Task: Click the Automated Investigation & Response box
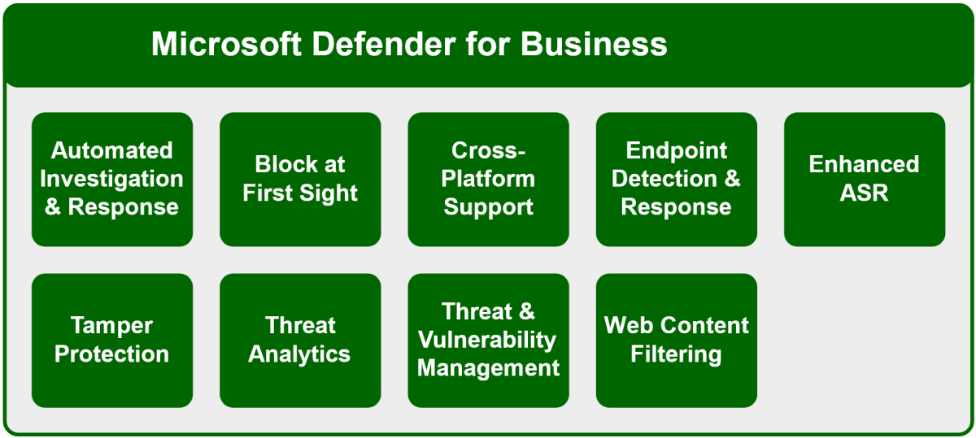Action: click(x=112, y=179)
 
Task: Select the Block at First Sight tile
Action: click(x=300, y=179)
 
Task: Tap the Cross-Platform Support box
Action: click(x=488, y=179)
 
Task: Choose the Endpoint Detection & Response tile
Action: click(x=676, y=179)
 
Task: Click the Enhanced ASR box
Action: click(x=864, y=179)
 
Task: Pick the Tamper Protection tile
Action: click(x=112, y=340)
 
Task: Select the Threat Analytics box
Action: click(x=300, y=340)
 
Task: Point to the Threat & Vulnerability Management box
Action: click(x=488, y=340)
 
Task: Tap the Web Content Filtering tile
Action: click(x=676, y=340)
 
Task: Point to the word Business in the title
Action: click(x=594, y=44)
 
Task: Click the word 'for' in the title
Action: click(x=490, y=44)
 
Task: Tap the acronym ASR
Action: click(x=864, y=193)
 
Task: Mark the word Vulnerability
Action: click(x=488, y=340)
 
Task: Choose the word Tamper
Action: click(x=112, y=326)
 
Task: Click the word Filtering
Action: click(x=676, y=354)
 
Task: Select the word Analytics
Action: click(x=300, y=354)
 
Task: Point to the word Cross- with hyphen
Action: click(x=488, y=151)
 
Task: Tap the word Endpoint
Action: click(x=676, y=151)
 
